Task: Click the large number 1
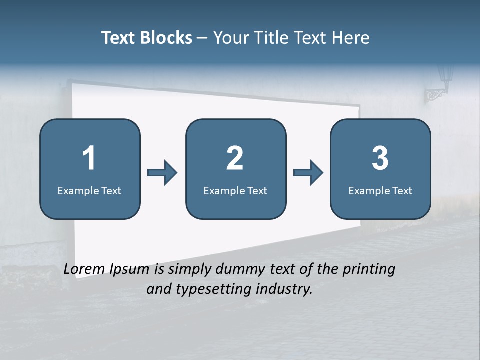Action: [89, 158]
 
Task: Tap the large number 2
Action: [235, 158]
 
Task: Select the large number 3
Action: [380, 158]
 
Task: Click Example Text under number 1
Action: [89, 190]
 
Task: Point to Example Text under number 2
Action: [235, 190]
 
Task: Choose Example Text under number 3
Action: [380, 190]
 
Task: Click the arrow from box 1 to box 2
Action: [162, 173]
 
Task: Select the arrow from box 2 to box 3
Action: [308, 173]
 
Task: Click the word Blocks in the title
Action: [167, 38]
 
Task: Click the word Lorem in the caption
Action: [84, 269]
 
